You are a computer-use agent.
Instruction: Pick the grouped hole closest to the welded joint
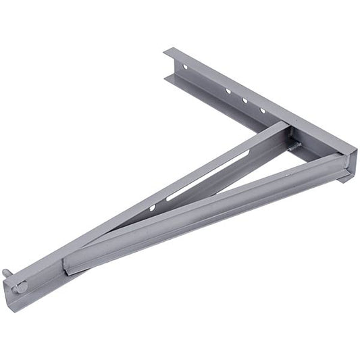click(263, 110)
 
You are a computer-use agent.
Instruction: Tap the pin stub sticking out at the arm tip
click(7, 272)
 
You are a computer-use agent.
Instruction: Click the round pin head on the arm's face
click(21, 286)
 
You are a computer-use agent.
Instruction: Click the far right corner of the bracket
click(353, 151)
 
